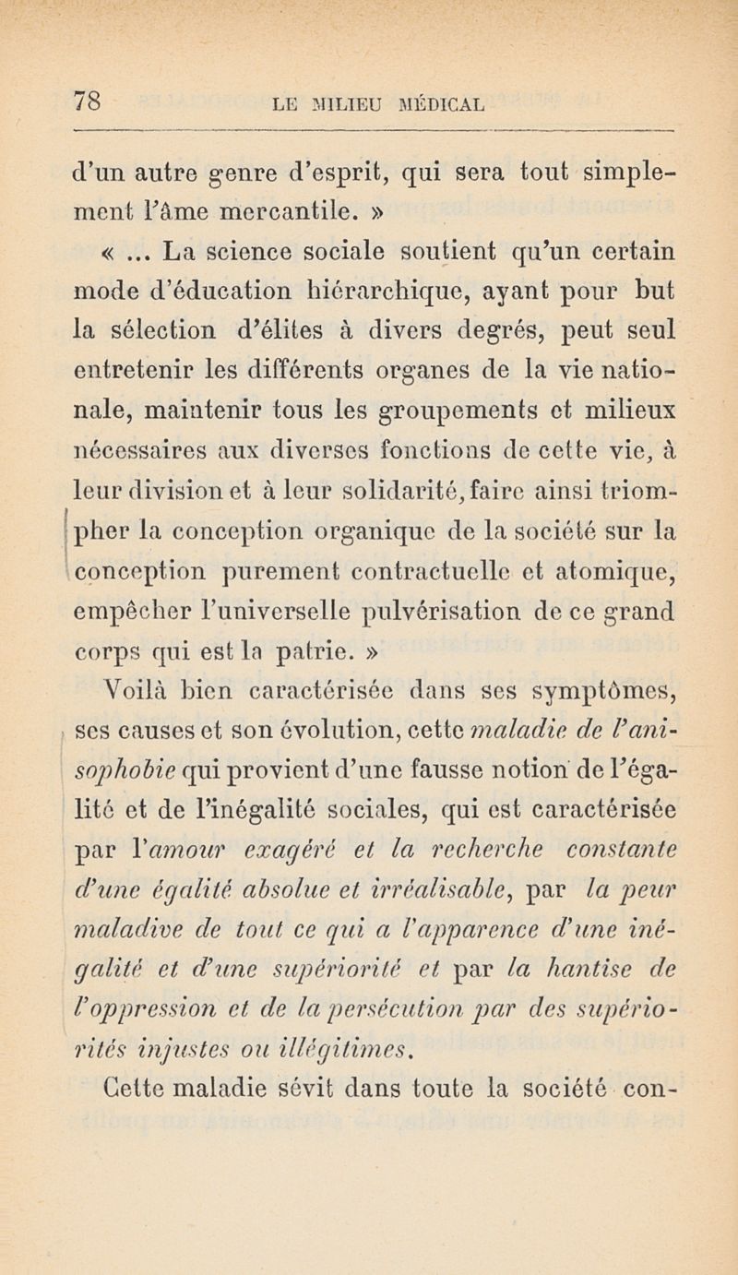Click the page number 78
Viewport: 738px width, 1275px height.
[87, 97]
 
